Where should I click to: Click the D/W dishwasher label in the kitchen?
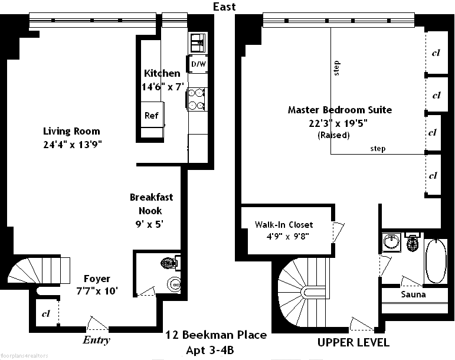[198, 64]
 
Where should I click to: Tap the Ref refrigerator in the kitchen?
[152, 114]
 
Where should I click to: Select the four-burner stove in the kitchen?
[196, 99]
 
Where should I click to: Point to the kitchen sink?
[198, 42]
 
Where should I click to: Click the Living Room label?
[71, 131]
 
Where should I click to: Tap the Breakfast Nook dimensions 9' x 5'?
[149, 224]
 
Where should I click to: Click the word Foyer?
[97, 279]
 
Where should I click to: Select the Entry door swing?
[98, 323]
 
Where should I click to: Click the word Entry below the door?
[96, 340]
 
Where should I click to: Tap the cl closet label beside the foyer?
[46, 313]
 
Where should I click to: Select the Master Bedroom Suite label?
[339, 110]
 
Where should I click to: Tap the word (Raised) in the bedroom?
[333, 135]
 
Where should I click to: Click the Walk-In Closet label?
[284, 225]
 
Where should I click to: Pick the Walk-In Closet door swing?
[338, 232]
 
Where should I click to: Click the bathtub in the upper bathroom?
[436, 261]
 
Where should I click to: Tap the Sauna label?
[413, 294]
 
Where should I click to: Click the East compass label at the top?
[224, 6]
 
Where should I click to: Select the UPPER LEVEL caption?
[353, 343]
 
